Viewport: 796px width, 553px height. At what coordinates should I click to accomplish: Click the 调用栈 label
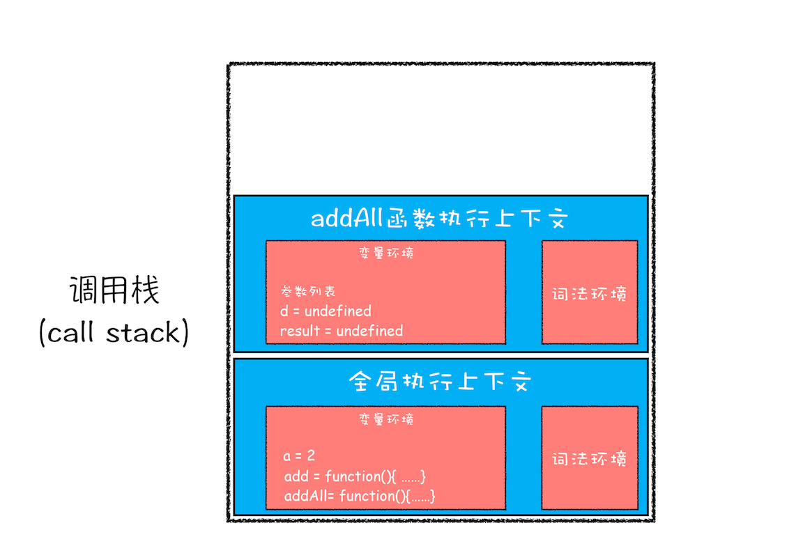pos(114,290)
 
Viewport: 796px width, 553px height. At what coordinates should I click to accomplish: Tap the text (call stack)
pos(114,333)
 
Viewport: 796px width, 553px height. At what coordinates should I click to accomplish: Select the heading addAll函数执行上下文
pos(441,219)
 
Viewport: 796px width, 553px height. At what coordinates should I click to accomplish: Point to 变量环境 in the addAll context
pos(385,254)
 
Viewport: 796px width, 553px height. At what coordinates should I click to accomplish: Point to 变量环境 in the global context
pos(385,419)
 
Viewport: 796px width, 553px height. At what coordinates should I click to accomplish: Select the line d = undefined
pos(326,311)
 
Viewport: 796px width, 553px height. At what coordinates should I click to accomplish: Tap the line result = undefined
pos(342,330)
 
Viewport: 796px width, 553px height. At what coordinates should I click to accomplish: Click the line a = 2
pos(299,456)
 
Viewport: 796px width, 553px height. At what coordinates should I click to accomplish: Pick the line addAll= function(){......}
pos(360,496)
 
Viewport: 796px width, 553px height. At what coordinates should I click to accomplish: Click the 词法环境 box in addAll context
pos(590,293)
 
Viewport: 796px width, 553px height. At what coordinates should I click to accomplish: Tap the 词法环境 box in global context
pos(590,458)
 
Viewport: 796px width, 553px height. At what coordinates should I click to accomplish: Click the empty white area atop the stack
pos(441,129)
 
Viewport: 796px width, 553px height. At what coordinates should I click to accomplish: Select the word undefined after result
pos(369,330)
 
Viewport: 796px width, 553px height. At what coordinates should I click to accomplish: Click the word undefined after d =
pos(338,311)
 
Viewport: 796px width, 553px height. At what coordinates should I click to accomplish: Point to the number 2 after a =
pos(311,456)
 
